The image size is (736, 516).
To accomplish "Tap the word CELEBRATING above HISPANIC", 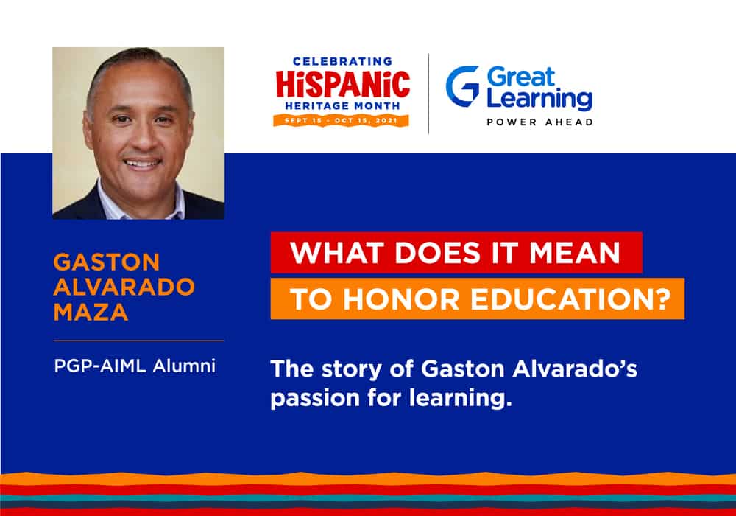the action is (343, 62).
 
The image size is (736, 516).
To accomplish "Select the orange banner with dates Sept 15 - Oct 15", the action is (342, 120).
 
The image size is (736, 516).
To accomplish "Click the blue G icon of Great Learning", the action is (463, 86).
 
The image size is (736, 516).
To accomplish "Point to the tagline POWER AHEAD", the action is (539, 122).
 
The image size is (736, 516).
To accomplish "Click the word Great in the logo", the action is (521, 77).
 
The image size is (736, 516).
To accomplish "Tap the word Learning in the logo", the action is (539, 99).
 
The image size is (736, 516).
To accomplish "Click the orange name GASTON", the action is (107, 262).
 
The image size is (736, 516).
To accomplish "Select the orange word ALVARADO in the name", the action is (124, 287).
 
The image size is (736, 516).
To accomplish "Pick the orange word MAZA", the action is (91, 312).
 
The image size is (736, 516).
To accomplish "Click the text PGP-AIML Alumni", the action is (135, 366).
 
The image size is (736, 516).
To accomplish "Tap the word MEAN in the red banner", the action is (575, 253).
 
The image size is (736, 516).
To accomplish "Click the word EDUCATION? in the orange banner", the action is (571, 299).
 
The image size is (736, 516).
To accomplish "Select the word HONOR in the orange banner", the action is (401, 299).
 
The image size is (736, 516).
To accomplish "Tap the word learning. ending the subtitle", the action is (460, 399).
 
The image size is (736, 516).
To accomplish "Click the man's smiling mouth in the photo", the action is (142, 164).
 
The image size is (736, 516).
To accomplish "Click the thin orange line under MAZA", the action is (138, 341).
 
